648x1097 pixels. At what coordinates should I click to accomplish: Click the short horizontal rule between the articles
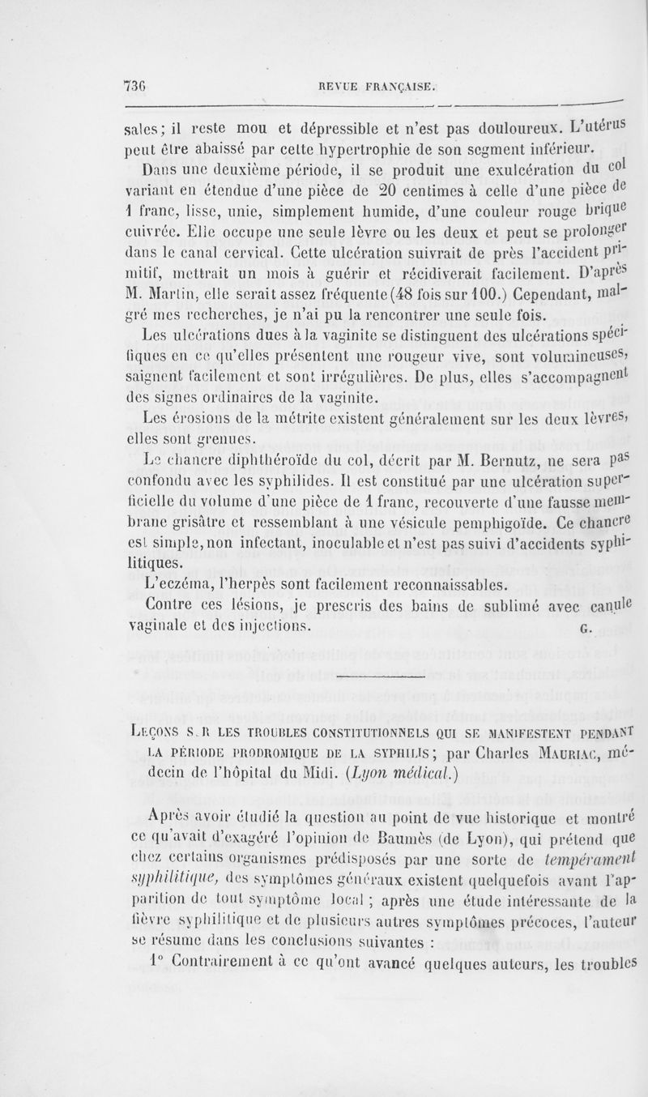pyautogui.click(x=381, y=675)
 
